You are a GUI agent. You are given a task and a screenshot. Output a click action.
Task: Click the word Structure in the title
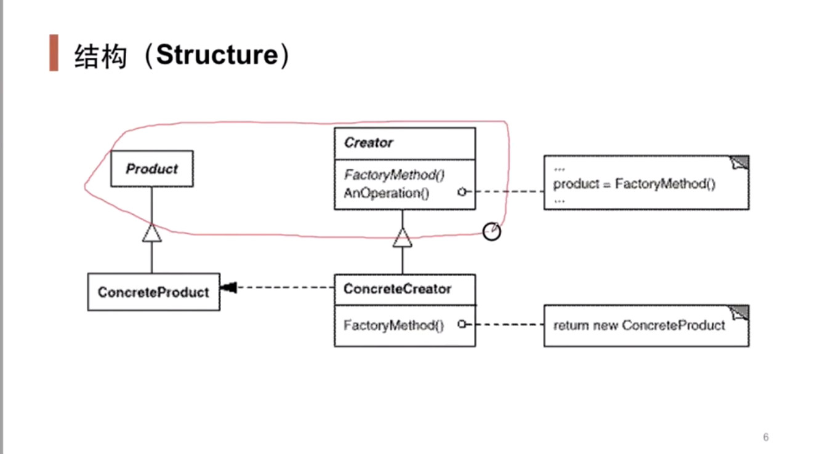217,55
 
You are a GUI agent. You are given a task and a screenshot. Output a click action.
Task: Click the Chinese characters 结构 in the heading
100,56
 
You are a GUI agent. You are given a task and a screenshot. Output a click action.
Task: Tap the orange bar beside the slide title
54,53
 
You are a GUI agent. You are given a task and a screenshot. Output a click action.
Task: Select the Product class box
151,169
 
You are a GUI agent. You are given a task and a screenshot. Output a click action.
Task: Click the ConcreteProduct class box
153,292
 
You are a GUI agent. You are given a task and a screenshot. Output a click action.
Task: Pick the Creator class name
368,143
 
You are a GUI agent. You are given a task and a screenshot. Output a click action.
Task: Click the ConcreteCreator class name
397,289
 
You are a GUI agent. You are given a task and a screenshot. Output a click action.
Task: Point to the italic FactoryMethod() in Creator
394,175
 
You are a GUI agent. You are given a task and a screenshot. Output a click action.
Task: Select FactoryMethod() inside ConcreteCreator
393,325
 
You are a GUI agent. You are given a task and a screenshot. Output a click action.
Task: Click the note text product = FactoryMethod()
634,183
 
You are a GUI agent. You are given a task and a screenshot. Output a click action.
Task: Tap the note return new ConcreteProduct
638,325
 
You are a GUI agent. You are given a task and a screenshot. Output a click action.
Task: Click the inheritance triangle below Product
151,233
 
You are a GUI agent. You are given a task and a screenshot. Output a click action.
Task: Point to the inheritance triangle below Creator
403,237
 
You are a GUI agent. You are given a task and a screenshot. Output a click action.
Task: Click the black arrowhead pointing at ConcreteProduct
228,287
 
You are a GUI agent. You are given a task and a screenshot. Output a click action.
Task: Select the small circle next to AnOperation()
462,192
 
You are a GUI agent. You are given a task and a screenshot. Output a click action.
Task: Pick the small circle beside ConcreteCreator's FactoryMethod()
462,324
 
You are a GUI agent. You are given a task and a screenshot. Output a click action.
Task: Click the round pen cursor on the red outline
491,232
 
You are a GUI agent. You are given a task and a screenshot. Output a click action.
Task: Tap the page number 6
765,437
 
